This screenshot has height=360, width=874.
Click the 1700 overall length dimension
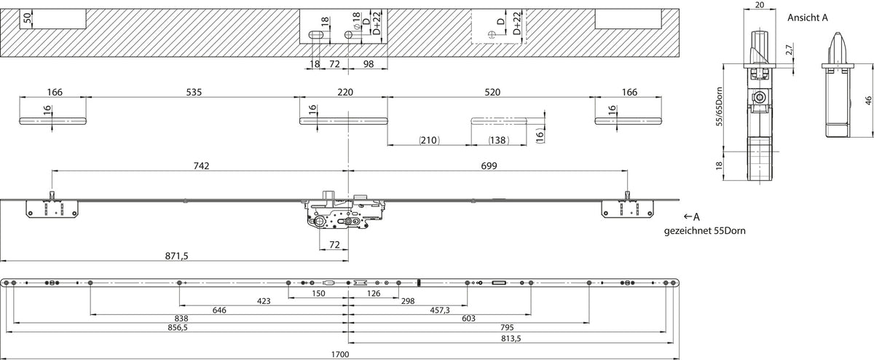tap(340, 354)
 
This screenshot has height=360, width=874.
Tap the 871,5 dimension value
tap(176, 256)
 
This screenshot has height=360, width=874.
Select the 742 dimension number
tap(201, 166)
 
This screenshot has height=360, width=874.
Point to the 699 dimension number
tap(489, 166)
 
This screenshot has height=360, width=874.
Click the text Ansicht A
tap(807, 17)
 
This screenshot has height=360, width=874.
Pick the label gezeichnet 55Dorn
tap(705, 231)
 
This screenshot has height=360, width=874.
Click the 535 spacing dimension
tap(194, 92)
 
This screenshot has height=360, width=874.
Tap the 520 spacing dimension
tap(492, 92)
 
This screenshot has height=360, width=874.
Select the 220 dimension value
tap(345, 92)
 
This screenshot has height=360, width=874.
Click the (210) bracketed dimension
tap(429, 140)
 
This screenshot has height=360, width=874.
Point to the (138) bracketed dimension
tap(499, 140)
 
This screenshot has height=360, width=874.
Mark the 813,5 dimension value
tap(511, 339)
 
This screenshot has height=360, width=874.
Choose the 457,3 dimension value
tap(440, 310)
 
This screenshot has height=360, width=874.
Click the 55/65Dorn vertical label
tap(719, 106)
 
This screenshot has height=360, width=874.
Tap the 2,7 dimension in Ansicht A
tap(789, 50)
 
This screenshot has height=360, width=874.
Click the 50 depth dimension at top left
tap(26, 18)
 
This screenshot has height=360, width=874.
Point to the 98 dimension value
tap(369, 64)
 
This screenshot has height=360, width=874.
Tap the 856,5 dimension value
tap(178, 328)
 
